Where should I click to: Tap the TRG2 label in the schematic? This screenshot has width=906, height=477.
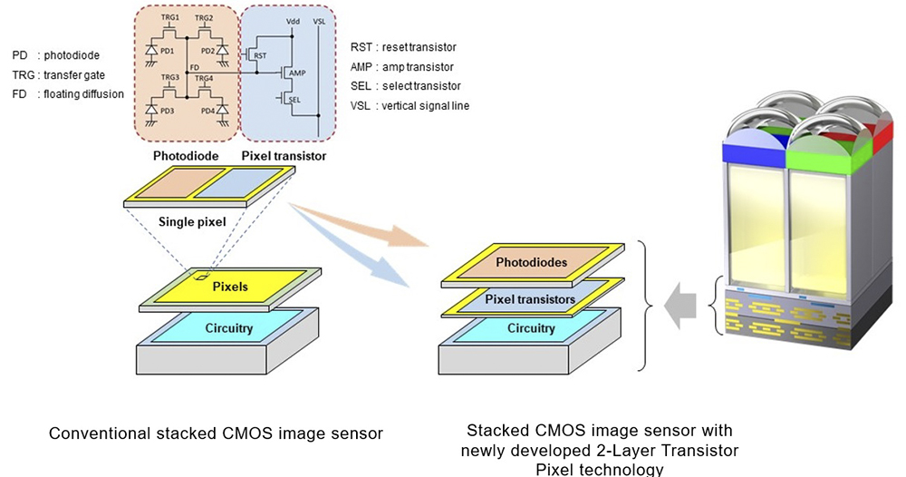click(205, 19)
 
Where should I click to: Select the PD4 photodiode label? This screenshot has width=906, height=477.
click(209, 112)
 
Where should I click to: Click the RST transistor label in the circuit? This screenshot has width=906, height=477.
click(260, 55)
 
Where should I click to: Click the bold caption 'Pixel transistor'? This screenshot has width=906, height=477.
click(284, 156)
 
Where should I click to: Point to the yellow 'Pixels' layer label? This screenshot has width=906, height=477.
click(229, 287)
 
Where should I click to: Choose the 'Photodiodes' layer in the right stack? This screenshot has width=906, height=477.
click(531, 262)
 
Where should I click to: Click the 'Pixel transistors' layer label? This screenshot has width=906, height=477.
click(530, 298)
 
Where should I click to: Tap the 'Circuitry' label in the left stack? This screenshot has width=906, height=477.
click(228, 328)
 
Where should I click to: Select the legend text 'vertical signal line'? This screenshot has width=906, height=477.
click(429, 106)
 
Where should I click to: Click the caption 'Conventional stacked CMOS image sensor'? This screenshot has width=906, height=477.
click(215, 433)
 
